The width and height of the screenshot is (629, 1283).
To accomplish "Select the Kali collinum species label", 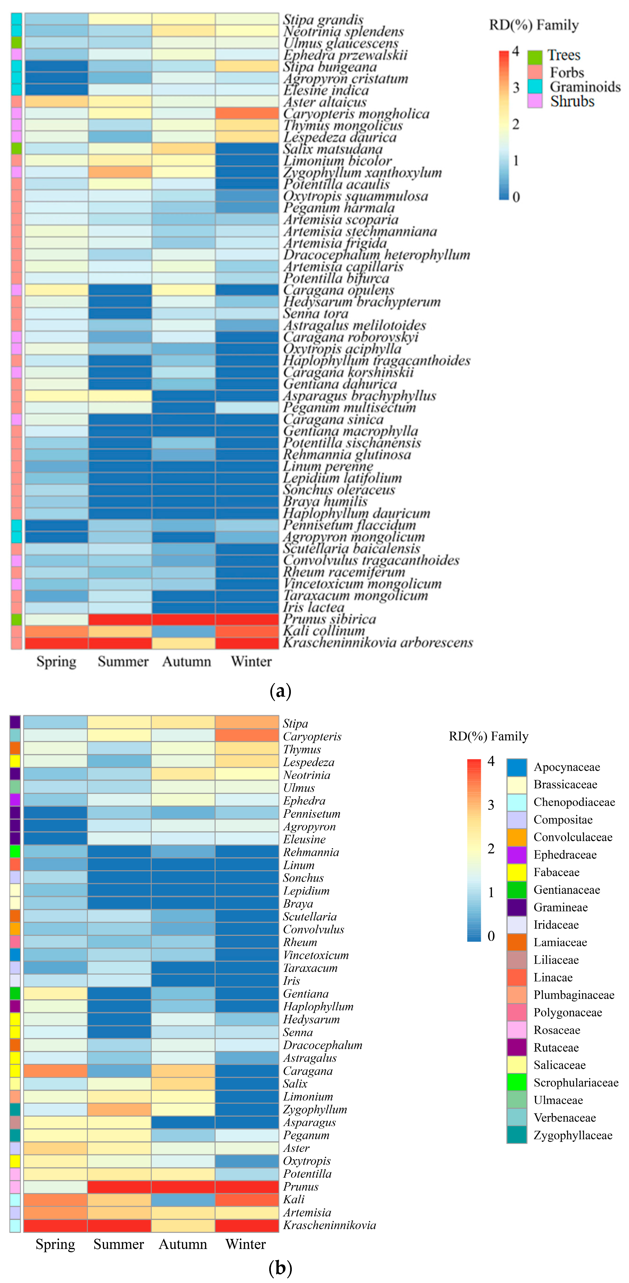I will click(324, 631).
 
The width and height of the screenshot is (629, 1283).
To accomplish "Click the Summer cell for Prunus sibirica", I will click(120, 619).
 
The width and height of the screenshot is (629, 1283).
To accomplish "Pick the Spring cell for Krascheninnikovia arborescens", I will click(56, 642).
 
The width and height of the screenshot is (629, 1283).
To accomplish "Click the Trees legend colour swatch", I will click(535, 56).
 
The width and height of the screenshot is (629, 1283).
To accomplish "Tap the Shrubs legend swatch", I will click(535, 101).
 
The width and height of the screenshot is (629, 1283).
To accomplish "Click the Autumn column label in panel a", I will click(186, 662).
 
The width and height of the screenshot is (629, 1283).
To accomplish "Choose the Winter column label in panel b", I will click(245, 1244).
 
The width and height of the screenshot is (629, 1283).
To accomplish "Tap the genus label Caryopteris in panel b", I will click(312, 736).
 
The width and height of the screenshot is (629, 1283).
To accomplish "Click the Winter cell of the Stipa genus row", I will click(247, 722).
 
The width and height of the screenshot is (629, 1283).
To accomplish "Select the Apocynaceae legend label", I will click(567, 767).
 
